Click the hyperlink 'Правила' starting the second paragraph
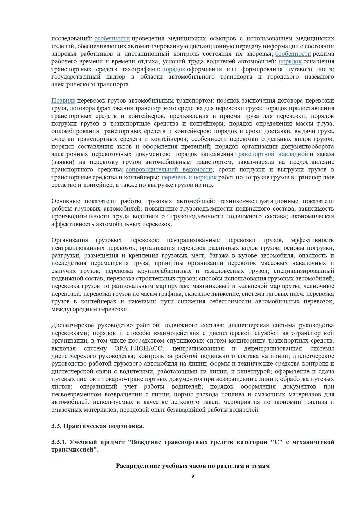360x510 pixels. pos(63,101)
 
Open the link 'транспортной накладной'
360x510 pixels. pos(271,154)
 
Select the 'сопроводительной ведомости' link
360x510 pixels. pos(169,169)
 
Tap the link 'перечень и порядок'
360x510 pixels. pos(189,177)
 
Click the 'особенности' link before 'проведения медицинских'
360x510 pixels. pos(112,38)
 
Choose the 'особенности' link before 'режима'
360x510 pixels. pos(293,54)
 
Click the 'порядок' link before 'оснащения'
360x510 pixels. pos(290,61)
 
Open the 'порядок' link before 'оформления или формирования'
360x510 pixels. pos(173,69)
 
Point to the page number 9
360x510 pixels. pos(193,476)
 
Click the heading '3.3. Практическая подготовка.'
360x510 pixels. pos(98,426)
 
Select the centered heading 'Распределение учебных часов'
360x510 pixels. pos(193,466)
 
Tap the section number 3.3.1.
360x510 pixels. pos(59,442)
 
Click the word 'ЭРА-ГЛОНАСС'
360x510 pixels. pos(139,348)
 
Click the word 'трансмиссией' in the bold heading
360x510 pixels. pos(73,450)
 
